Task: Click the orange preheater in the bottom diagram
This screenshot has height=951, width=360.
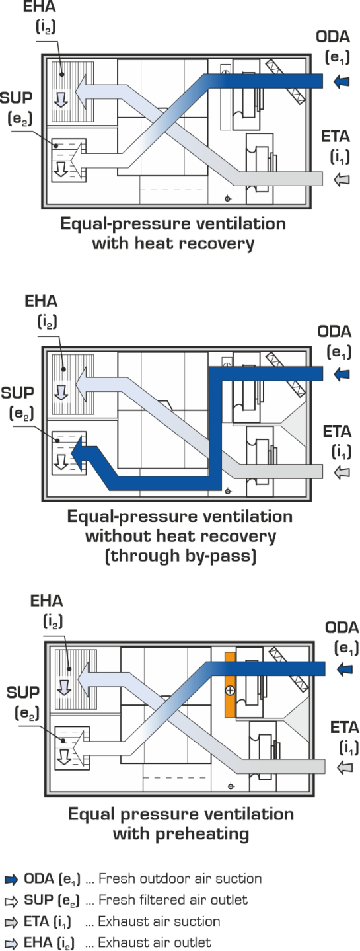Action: [x=230, y=685]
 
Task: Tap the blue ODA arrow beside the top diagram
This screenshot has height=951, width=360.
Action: [x=342, y=81]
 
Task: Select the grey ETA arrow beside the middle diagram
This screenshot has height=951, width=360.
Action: [x=342, y=472]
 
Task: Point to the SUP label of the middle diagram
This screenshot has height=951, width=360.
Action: [x=17, y=393]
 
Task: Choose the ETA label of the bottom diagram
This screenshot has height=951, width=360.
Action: [x=344, y=728]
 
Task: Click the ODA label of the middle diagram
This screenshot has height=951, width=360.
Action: [x=334, y=332]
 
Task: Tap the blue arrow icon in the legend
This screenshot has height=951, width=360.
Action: [x=11, y=880]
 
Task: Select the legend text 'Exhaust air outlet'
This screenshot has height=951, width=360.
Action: [x=155, y=943]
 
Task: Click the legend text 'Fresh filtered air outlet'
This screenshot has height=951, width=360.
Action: [x=173, y=900]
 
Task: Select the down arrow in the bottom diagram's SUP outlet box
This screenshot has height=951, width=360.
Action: [x=64, y=757]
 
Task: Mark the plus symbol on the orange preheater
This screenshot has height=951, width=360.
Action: [x=230, y=691]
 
